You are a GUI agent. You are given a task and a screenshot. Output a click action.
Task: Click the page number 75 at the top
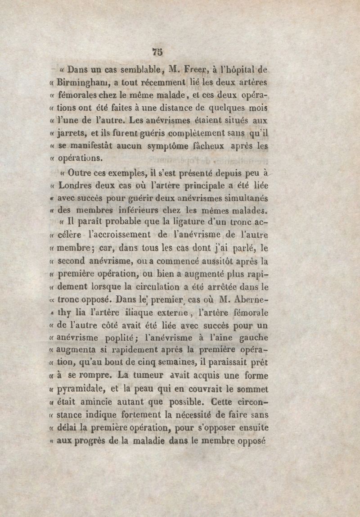tap(157, 52)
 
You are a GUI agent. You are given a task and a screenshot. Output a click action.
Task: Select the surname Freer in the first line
tap(194, 70)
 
